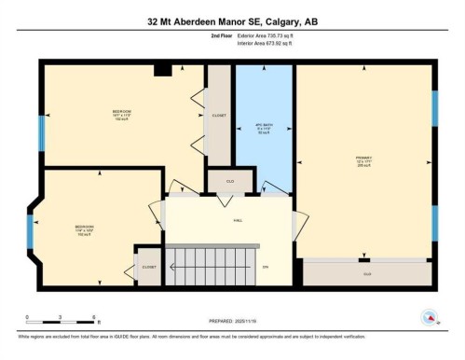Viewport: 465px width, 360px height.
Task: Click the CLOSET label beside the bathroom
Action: [218, 116]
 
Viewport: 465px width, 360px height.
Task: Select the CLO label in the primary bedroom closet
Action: [367, 273]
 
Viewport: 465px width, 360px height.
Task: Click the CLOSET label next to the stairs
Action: [149, 267]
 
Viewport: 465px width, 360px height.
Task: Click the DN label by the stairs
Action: [267, 268]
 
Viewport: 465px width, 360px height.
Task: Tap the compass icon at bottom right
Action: [429, 318]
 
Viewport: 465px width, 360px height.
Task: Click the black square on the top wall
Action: [162, 68]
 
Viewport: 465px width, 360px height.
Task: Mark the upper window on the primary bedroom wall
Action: [433, 108]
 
